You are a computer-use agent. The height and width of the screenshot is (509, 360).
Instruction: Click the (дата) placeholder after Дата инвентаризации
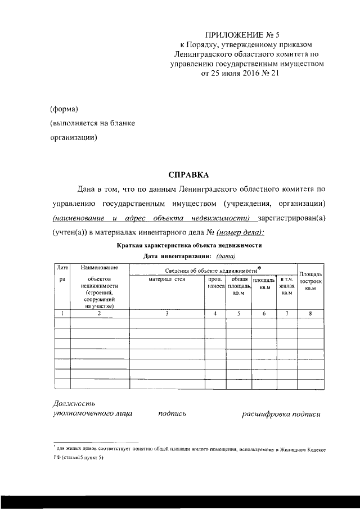(226, 256)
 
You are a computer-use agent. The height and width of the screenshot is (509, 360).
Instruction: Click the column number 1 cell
(62, 313)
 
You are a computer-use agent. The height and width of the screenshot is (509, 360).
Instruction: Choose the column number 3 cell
(167, 313)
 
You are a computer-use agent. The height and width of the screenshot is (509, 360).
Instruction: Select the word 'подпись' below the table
(172, 414)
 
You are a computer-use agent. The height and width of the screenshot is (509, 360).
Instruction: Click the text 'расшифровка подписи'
(281, 414)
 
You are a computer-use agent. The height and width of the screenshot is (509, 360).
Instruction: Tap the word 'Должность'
(74, 403)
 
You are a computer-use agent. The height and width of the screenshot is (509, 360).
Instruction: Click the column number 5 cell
(239, 313)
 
